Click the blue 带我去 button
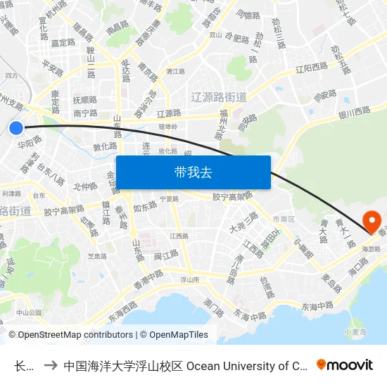click(x=193, y=172)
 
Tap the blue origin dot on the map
click(x=16, y=127)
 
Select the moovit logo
click(x=344, y=364)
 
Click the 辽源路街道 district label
click(x=219, y=96)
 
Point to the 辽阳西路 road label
click(x=311, y=68)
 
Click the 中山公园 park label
click(x=29, y=312)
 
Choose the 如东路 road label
click(x=144, y=207)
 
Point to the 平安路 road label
click(x=53, y=67)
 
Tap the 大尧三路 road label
click(x=243, y=223)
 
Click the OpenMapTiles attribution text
click(x=174, y=335)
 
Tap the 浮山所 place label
click(x=191, y=279)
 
